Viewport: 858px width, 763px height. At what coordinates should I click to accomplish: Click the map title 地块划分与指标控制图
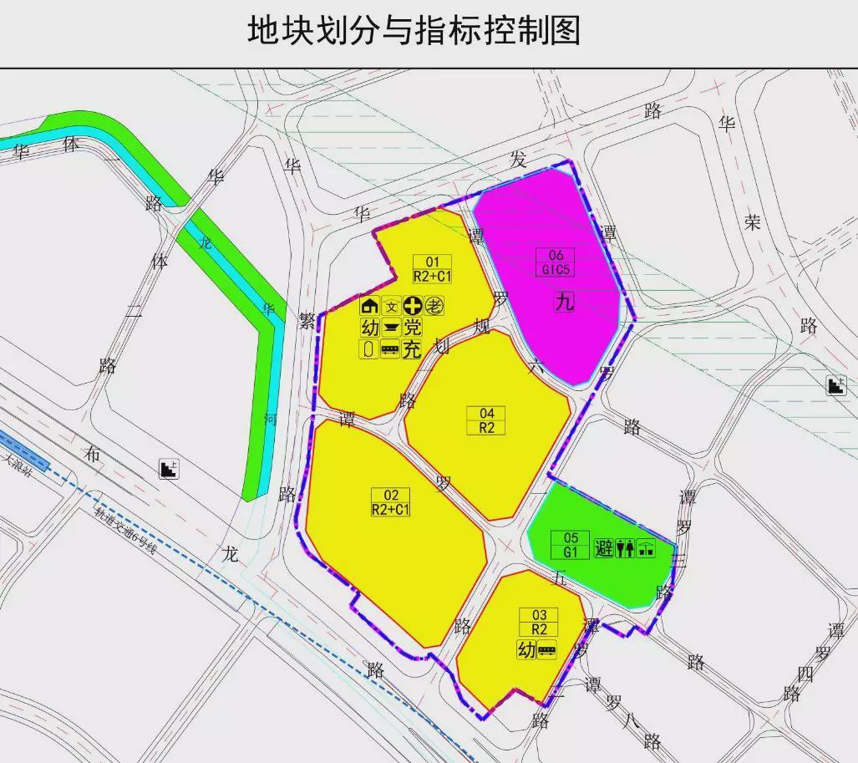(414, 31)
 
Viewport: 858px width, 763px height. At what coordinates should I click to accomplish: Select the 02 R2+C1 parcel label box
(391, 501)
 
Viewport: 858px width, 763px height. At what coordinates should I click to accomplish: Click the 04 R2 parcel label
(486, 420)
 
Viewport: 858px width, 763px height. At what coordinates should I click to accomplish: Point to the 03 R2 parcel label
(539, 623)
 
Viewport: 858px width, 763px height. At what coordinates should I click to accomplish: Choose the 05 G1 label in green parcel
(571, 546)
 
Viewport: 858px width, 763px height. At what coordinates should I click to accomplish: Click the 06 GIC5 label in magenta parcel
(556, 262)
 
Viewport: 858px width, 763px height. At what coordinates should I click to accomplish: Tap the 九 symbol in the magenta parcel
(565, 302)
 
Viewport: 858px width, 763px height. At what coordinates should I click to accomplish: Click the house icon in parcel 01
(369, 306)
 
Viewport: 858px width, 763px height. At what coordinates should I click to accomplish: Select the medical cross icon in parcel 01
(413, 306)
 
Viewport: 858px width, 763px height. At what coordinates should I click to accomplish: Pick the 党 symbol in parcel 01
(413, 328)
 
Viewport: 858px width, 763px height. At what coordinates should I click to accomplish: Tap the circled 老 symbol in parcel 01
(434, 306)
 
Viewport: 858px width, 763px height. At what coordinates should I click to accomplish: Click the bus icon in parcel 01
(390, 350)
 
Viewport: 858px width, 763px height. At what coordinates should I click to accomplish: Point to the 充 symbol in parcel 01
(412, 350)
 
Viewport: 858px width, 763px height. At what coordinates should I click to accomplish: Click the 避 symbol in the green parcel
(604, 549)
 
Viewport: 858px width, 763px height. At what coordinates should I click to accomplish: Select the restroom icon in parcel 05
(625, 549)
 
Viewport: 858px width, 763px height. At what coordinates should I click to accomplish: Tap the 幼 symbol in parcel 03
(526, 650)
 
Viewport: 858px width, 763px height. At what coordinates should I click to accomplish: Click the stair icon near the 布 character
(170, 469)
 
